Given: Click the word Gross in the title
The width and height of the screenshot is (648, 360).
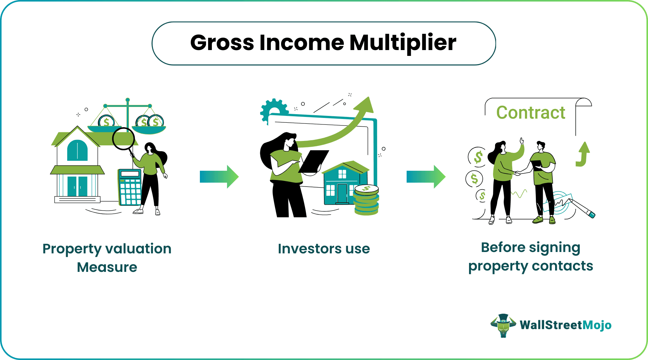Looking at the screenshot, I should click(222, 43).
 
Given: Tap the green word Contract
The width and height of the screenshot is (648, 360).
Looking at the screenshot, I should click(530, 113).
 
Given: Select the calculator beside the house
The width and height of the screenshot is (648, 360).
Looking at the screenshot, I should click(130, 187).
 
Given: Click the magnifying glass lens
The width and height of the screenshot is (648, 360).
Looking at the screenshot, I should click(123, 139).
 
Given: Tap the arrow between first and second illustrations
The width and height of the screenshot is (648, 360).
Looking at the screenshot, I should click(219, 177).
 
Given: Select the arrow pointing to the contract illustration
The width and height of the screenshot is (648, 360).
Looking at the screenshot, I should click(426, 177).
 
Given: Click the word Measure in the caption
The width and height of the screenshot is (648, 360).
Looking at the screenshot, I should click(107, 267).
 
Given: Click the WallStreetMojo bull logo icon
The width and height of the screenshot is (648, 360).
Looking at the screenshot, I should click(503, 325).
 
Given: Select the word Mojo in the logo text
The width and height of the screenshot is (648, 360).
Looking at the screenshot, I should click(597, 325).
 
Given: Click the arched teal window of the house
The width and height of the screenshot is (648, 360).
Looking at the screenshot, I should click(77, 150).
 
